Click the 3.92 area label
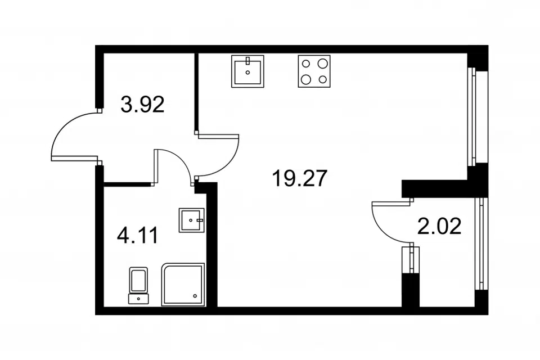(142, 105)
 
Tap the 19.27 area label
(299, 178)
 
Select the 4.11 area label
(138, 236)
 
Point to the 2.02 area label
(439, 227)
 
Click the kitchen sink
(247, 71)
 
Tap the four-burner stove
(314, 71)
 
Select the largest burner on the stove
(323, 64)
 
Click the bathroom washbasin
(191, 220)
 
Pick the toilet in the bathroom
(138, 286)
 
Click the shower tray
(183, 285)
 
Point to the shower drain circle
(195, 295)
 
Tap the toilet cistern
(138, 299)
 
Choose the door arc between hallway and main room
(228, 165)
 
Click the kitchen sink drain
(247, 73)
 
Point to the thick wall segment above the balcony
(444, 188)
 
